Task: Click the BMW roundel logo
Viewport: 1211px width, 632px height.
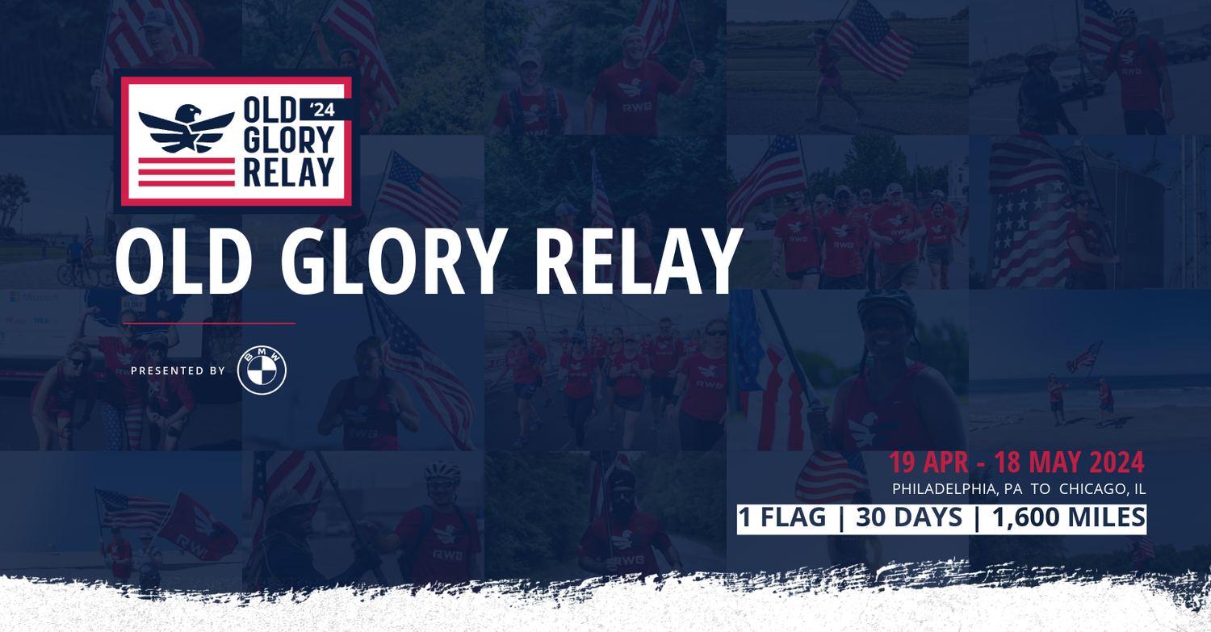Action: [262, 370]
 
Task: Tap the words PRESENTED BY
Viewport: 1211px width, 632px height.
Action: [178, 370]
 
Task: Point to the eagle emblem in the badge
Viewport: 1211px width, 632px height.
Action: [186, 129]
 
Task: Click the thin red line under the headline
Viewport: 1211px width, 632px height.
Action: [208, 323]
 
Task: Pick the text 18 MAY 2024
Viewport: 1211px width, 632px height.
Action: [1069, 462]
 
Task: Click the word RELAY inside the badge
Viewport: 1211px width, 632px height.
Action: [288, 172]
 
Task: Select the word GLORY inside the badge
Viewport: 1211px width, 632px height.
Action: [288, 140]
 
